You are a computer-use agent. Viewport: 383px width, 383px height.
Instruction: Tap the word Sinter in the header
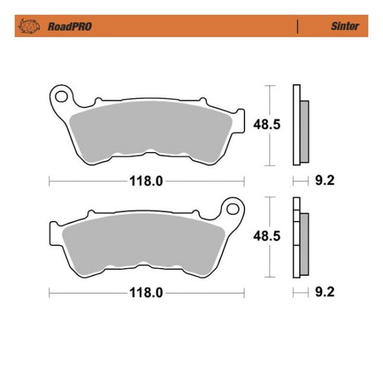345,27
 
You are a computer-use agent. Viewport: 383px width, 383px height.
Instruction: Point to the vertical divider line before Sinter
297,27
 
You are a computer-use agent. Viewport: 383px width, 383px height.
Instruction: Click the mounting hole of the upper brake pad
62,96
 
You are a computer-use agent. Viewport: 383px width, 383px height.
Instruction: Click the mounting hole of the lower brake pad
232,208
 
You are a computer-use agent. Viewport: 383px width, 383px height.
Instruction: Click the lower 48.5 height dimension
267,236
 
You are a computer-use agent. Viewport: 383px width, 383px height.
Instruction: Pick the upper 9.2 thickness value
325,181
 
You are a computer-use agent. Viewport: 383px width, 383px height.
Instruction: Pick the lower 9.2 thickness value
325,293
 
